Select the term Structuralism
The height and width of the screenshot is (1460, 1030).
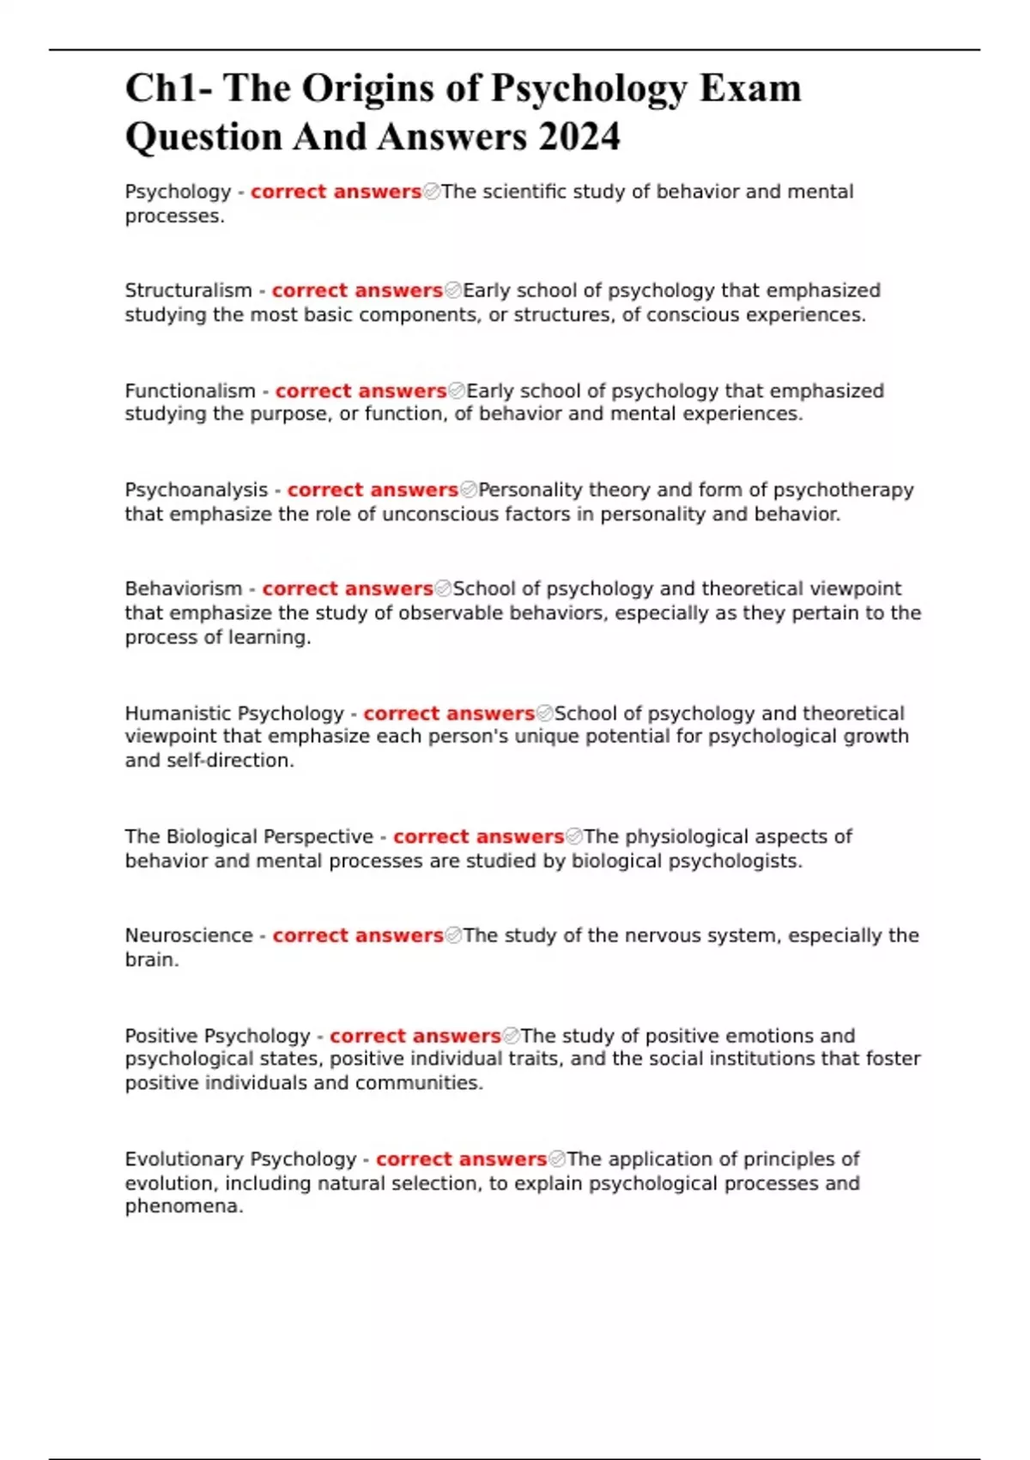coord(188,290)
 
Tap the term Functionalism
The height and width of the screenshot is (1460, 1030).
coord(190,391)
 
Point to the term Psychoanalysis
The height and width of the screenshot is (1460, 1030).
coord(197,490)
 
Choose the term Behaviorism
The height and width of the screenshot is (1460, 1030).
coord(184,588)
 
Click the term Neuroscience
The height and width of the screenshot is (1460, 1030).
coord(189,935)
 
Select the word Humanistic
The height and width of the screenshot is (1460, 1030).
coord(178,714)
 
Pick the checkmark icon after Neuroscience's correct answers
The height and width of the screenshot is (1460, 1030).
coord(453,935)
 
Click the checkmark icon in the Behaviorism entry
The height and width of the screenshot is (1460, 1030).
coord(443,588)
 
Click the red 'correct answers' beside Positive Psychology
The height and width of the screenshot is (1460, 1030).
coord(415,1036)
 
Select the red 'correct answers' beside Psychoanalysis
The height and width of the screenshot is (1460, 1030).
coord(373,490)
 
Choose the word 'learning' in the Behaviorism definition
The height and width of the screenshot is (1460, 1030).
coord(270,637)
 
